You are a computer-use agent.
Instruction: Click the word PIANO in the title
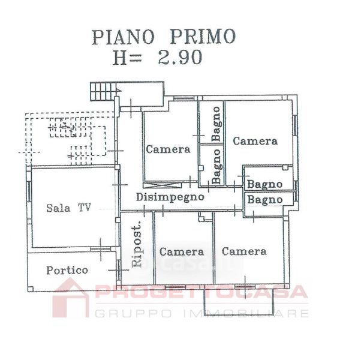point(123,37)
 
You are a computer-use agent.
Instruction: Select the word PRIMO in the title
point(203,37)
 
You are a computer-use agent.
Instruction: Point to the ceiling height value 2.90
point(180,57)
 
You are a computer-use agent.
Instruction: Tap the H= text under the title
point(127,57)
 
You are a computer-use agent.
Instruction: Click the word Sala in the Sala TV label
point(58,208)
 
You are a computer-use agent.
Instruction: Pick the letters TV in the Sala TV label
point(85,208)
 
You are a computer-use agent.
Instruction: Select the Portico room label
point(67,270)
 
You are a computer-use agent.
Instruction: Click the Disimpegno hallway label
point(170,197)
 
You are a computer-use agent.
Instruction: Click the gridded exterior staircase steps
point(103,91)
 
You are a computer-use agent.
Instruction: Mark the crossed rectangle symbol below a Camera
point(162,185)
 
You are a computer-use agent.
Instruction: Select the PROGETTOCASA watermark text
point(201,292)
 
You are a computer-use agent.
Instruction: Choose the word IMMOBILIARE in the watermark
point(246,313)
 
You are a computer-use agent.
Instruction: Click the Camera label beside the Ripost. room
point(182,252)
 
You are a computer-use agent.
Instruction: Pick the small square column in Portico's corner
point(31,289)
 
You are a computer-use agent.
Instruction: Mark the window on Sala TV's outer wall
point(29,191)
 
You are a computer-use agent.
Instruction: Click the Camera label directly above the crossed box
point(168,149)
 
